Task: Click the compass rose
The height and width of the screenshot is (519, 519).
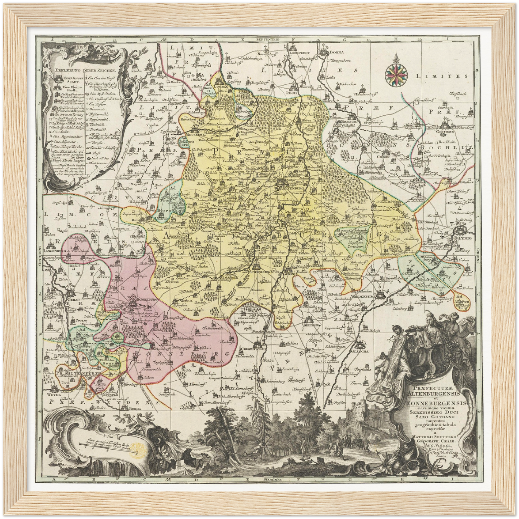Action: pos(395,73)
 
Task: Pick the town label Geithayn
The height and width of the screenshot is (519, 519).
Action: pos(447,131)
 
